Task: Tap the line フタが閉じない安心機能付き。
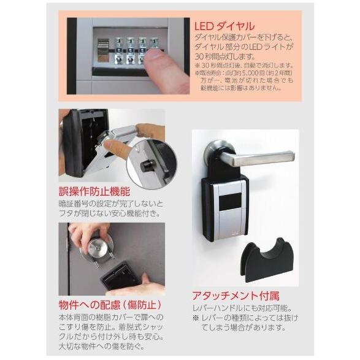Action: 110,214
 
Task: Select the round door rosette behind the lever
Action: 219,153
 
